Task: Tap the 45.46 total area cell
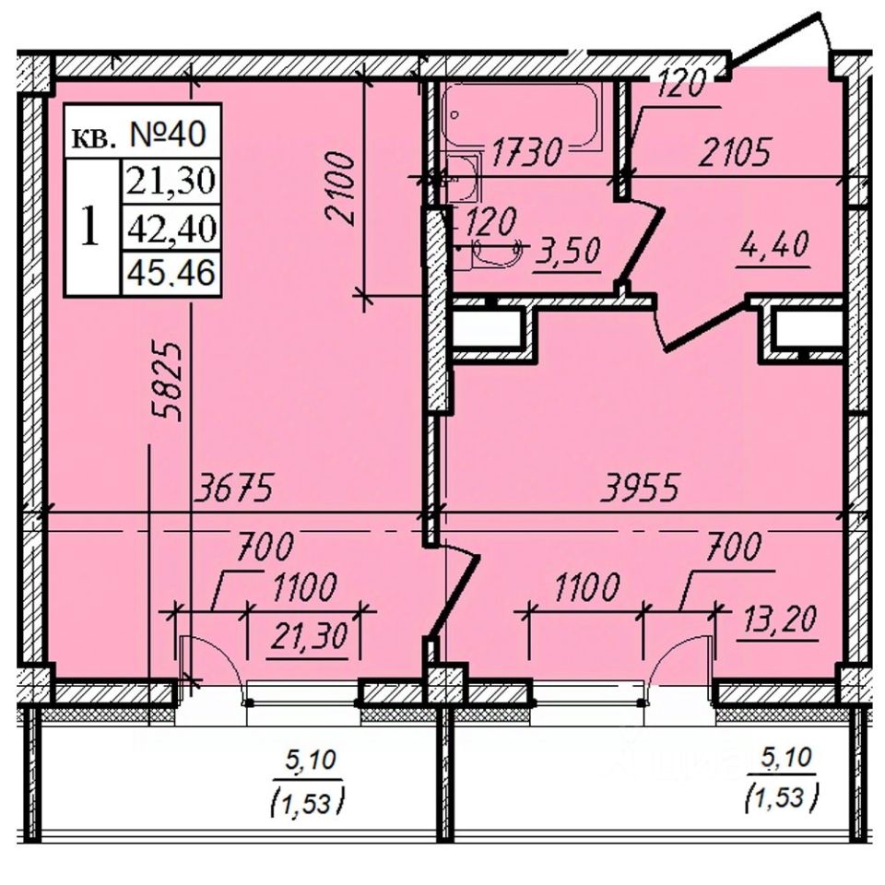pos(171,273)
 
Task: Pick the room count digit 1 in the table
pos(91,227)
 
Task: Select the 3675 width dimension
pos(234,490)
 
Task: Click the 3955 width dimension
pos(641,489)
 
